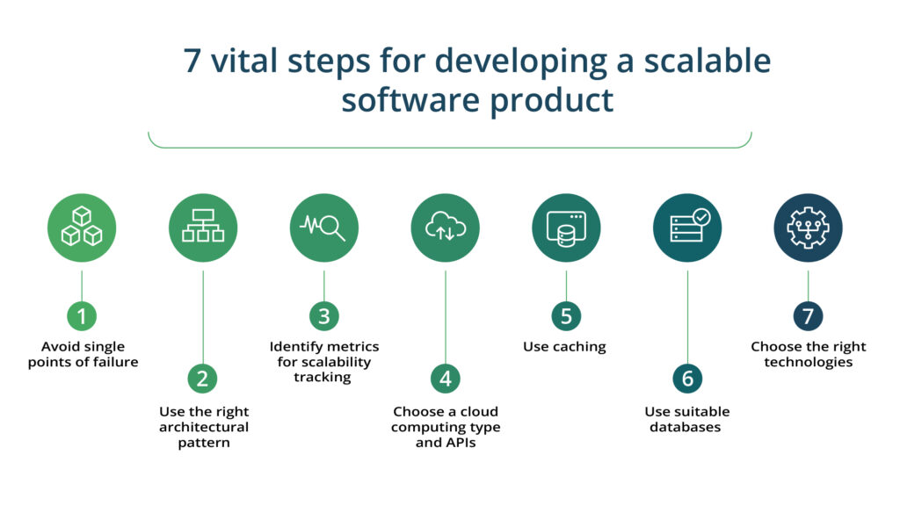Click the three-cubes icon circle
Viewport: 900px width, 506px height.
[x=82, y=228]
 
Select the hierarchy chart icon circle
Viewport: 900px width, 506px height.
[x=203, y=228]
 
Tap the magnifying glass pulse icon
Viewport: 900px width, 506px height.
[x=324, y=228]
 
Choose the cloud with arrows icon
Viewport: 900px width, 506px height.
[x=446, y=228]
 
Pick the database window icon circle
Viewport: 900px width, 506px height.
[x=566, y=228]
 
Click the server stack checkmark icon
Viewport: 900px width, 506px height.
[x=687, y=228]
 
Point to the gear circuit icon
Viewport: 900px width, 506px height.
[x=808, y=228]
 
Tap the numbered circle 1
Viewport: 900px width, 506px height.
[x=82, y=316]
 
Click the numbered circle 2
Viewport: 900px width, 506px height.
[x=203, y=379]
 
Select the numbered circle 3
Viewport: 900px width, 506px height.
[x=324, y=316]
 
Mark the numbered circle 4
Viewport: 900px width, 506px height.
[x=446, y=379]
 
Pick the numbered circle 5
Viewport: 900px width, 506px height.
[x=566, y=316]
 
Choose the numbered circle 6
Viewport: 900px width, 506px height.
[x=687, y=379]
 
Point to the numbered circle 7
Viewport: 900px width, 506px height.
[x=808, y=316]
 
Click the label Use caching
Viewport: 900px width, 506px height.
[x=564, y=347]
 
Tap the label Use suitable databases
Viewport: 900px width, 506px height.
[x=687, y=419]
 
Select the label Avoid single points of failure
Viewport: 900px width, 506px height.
[x=83, y=354]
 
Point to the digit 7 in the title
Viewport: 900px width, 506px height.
[x=192, y=61]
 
